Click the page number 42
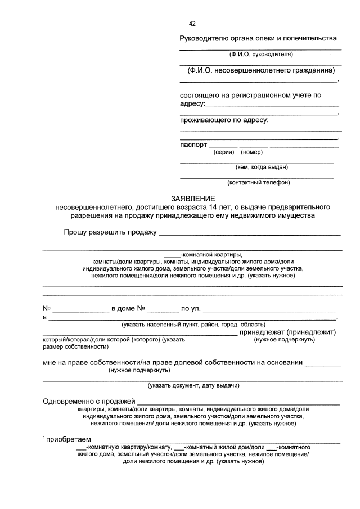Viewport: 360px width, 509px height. click(x=192, y=24)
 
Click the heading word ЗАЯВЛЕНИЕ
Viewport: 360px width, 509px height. click(x=193, y=199)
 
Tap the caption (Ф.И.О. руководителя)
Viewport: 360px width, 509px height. click(x=260, y=55)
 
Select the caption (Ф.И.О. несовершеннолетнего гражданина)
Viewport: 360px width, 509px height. click(x=261, y=70)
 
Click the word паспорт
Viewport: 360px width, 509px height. click(x=193, y=145)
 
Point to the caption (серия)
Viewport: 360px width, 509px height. click(x=224, y=152)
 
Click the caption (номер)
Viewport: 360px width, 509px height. click(x=251, y=152)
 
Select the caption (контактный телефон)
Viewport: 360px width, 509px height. click(x=259, y=182)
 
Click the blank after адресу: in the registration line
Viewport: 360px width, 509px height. click(x=272, y=105)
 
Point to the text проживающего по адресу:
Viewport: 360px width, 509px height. click(x=224, y=120)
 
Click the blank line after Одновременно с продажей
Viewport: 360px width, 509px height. click(x=238, y=402)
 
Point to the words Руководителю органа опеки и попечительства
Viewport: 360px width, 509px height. click(x=258, y=38)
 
